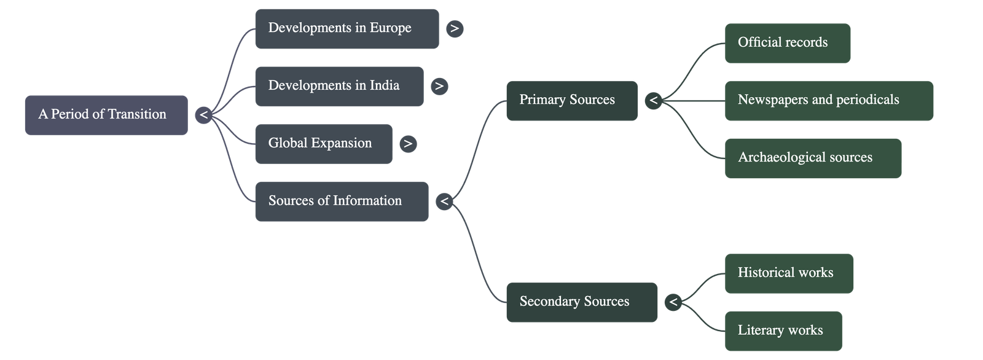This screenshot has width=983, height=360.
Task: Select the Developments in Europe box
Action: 347,28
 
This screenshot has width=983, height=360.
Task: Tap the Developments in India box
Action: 339,86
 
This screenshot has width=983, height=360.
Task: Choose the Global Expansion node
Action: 323,144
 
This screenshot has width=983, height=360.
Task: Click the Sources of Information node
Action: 342,201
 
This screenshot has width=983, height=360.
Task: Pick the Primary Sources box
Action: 571,100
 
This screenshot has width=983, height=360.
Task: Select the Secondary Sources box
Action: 581,302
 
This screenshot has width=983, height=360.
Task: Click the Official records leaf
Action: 787,43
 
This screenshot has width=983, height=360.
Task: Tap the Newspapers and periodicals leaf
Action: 829,100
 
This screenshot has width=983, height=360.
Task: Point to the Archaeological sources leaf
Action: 812,158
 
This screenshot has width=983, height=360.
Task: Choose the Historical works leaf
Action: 789,273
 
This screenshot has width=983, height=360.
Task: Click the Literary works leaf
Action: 783,331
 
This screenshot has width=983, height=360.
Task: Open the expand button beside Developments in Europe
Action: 455,29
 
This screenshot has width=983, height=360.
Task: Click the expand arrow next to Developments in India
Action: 439,86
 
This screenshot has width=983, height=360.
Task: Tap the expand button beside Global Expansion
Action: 407,144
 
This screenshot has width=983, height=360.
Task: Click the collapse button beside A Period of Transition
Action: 203,115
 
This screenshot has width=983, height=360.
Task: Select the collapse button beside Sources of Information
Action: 444,201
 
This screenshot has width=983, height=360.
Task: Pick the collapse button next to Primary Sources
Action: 654,100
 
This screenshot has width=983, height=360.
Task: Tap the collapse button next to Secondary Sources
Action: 673,302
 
